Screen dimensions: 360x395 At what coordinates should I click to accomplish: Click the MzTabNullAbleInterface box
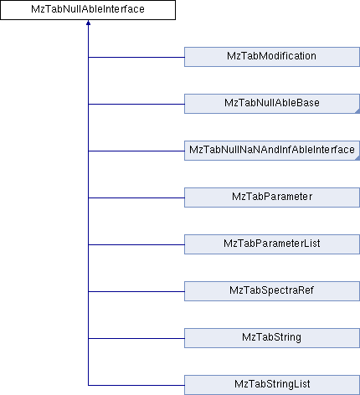click(x=88, y=10)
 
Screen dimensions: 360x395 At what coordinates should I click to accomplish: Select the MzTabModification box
click(x=272, y=57)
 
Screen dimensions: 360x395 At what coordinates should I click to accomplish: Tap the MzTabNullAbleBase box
click(x=272, y=104)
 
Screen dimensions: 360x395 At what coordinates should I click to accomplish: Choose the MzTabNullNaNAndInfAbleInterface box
click(x=272, y=151)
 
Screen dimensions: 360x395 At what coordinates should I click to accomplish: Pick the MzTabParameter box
click(x=272, y=197)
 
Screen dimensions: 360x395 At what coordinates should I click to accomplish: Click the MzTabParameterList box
click(x=272, y=244)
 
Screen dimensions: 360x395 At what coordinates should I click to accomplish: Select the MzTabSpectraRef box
click(x=272, y=291)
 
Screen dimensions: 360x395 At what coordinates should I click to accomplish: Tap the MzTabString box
click(x=272, y=338)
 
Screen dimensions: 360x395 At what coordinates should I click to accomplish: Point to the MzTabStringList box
click(x=272, y=385)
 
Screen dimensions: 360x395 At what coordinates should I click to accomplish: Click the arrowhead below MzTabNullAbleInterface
click(x=88, y=23)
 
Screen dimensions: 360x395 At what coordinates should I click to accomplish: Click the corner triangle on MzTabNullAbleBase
click(x=357, y=111)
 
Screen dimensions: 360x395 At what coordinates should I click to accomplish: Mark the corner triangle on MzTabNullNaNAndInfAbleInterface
click(x=357, y=158)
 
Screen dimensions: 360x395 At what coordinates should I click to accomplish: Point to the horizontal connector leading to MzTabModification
click(x=136, y=58)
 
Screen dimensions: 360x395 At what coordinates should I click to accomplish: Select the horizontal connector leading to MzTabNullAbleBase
click(x=136, y=105)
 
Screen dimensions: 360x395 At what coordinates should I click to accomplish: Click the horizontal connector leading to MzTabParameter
click(x=136, y=198)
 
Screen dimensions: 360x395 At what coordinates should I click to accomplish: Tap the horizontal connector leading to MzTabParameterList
click(x=136, y=245)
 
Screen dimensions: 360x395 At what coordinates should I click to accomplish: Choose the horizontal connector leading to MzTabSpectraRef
click(x=136, y=292)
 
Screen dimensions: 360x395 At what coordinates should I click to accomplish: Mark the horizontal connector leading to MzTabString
click(x=136, y=339)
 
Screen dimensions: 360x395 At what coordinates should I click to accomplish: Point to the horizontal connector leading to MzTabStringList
click(x=136, y=386)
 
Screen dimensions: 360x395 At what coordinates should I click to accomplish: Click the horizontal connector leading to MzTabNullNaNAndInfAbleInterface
click(x=136, y=151)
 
